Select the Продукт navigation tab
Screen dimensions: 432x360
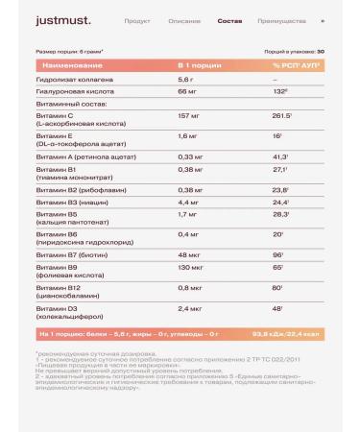137,19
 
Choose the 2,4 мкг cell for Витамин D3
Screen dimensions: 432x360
191,337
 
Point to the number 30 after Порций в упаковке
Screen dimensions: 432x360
321,51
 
